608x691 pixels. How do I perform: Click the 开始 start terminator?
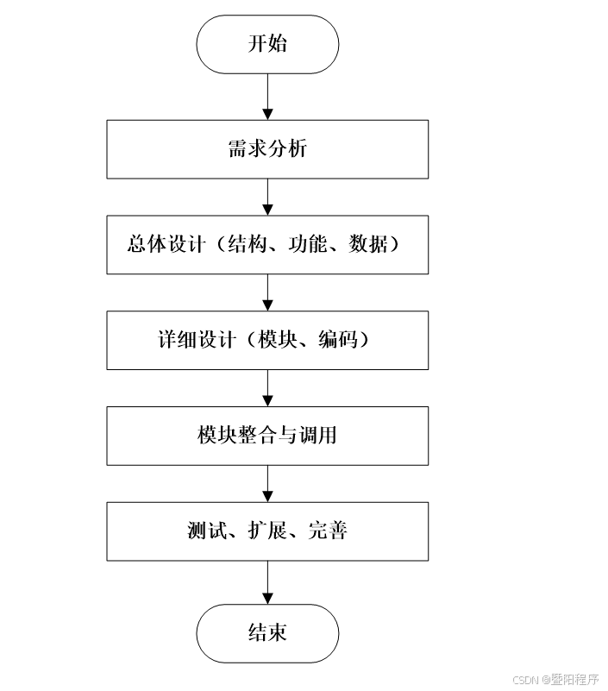[x=267, y=44]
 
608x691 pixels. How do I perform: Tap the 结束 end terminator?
[x=267, y=632]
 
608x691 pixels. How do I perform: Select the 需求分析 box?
[x=267, y=148]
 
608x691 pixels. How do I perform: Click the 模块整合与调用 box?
[x=267, y=435]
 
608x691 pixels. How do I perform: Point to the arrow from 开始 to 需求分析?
[x=267, y=97]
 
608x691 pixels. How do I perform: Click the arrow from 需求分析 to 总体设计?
[x=267, y=197]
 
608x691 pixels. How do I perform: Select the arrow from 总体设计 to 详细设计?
[x=267, y=292]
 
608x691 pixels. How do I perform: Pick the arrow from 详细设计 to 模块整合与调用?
[x=267, y=388]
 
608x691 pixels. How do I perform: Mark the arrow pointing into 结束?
[x=267, y=581]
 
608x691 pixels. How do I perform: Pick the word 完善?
[x=329, y=531]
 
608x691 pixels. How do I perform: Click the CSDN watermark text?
[x=525, y=680]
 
